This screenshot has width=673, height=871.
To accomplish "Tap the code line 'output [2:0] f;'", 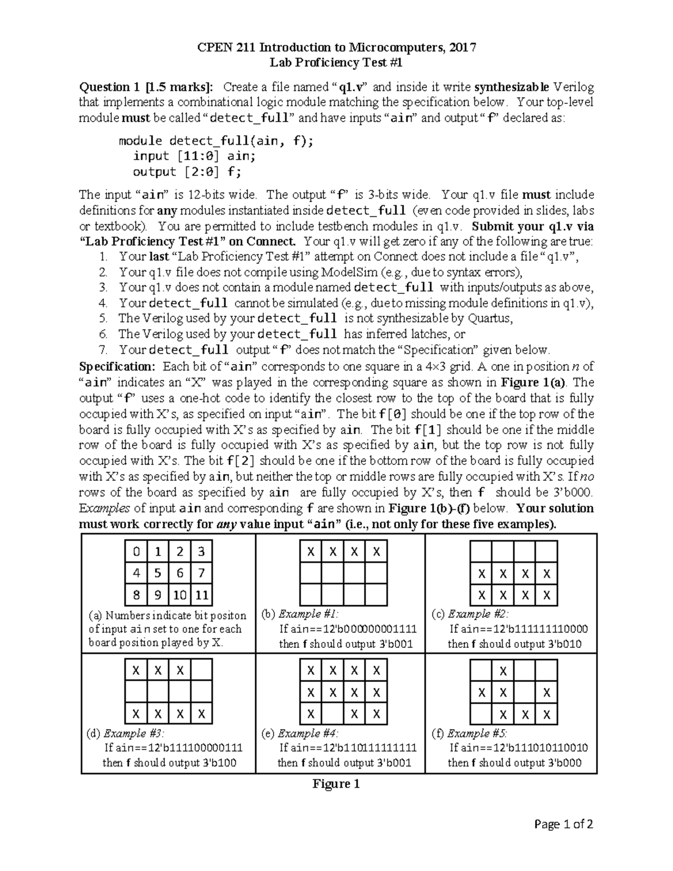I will (187, 172).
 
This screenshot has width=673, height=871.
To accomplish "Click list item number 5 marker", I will (103, 319).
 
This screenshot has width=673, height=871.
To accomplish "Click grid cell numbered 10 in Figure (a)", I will (179, 595).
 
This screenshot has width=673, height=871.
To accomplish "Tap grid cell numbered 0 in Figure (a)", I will (136, 552).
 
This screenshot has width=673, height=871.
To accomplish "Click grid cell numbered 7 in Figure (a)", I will (201, 573).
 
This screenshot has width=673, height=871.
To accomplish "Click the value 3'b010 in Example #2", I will (564, 644).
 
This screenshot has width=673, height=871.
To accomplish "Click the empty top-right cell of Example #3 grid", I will (201, 670).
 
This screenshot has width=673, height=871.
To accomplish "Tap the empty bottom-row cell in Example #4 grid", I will (333, 714).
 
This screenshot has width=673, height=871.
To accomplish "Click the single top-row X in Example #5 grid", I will (504, 671).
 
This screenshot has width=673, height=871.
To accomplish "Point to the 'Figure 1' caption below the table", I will (336, 784).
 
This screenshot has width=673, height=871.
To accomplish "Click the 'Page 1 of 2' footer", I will (564, 824).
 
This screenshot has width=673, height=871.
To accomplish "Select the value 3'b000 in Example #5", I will (564, 763).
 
